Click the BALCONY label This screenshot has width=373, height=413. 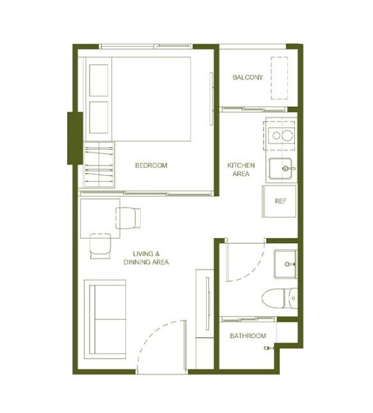[248, 77]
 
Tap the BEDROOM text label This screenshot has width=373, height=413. [151, 165]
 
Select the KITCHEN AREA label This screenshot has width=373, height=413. [241, 169]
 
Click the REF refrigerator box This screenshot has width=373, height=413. [280, 201]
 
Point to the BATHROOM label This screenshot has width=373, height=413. [248, 336]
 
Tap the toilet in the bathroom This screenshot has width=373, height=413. [280, 298]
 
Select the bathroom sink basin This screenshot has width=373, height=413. [285, 264]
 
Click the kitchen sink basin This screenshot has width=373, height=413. [280, 169]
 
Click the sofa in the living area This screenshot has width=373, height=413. [105, 320]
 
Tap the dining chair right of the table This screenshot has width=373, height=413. [128, 218]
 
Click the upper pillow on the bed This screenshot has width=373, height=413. [99, 80]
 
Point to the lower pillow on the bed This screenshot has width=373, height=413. [99, 117]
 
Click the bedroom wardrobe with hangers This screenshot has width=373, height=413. [99, 165]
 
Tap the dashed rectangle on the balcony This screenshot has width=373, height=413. [280, 78]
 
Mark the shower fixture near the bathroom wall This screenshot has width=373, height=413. [269, 348]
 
